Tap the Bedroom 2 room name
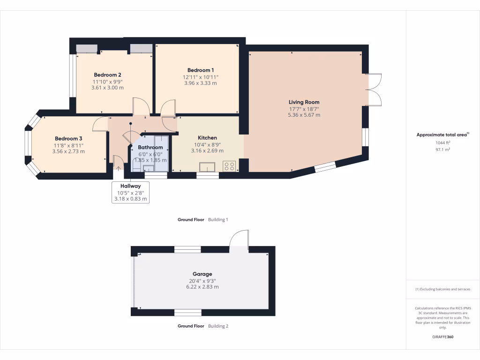107,75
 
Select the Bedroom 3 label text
68,139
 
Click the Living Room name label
304,102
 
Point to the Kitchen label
207,138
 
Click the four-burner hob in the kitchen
230,166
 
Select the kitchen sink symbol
207,167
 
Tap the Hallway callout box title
130,186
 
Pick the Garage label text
202,274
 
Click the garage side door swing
239,239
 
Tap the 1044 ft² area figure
442,142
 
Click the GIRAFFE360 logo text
442,337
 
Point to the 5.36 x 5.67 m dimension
304,115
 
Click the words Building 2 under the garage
218,326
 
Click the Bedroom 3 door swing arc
99,124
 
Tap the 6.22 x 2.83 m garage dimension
202,287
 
